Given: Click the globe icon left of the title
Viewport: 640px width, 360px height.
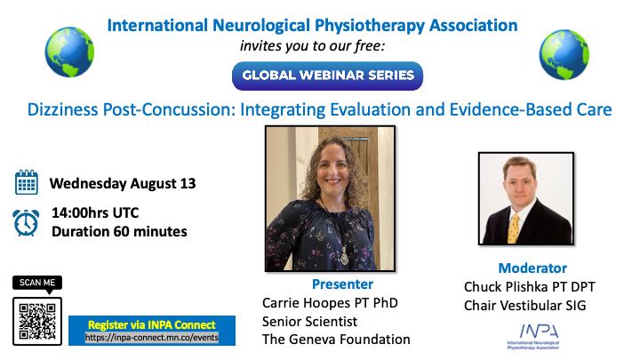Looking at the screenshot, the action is click(69, 52).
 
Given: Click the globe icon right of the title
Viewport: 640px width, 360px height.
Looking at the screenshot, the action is click(564, 55).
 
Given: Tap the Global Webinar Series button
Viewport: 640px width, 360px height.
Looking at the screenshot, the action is click(327, 76).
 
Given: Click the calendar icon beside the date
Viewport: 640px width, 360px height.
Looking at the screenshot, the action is click(27, 182).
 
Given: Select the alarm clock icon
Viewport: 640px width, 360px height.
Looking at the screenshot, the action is click(26, 222).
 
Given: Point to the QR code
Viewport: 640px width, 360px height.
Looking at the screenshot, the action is click(37, 321).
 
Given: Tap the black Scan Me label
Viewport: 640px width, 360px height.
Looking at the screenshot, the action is click(37, 284).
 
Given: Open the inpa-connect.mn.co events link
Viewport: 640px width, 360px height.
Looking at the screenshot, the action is click(152, 338).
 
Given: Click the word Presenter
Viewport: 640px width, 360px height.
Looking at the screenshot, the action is click(342, 284).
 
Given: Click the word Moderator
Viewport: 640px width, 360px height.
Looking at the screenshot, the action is click(532, 268).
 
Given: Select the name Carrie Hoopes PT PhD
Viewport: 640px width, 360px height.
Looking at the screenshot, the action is click(330, 303).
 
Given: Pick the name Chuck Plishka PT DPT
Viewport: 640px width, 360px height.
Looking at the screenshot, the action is click(530, 286).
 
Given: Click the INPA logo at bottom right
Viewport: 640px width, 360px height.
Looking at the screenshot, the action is click(533, 336).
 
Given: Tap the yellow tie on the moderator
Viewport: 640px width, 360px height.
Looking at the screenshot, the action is click(514, 229).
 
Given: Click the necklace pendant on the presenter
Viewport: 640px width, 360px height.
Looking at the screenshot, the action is click(345, 256).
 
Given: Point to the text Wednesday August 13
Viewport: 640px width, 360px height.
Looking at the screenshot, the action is click(123, 184).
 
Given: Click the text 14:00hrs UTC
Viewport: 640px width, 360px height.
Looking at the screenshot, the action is click(95, 212).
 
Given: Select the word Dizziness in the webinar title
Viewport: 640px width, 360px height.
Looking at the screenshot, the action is click(63, 110).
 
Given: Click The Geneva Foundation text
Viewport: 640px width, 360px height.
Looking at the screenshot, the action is click(336, 340).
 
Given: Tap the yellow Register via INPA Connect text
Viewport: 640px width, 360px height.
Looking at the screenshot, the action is click(152, 325).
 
